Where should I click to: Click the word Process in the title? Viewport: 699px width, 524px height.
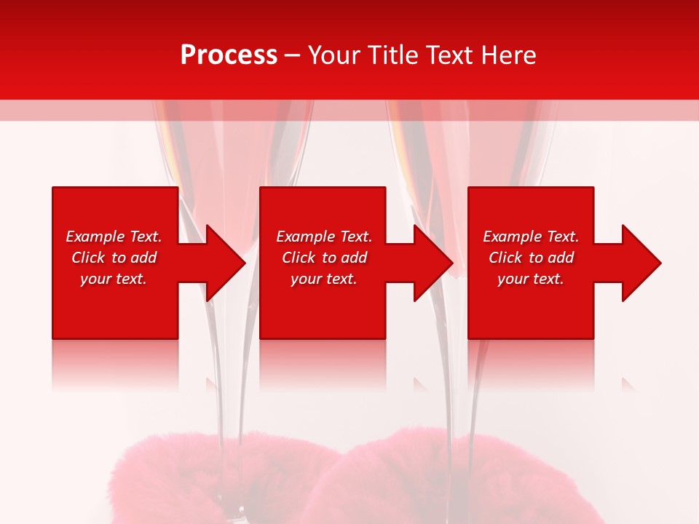pos(229,55)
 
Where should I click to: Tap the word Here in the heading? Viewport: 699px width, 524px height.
pos(509,55)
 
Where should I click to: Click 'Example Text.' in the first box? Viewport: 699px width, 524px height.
pos(114,237)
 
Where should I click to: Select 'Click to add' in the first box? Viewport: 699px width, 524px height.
pos(114,258)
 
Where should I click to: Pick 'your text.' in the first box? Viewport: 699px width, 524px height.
pos(114,279)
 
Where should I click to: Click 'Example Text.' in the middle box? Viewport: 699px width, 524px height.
pos(323,237)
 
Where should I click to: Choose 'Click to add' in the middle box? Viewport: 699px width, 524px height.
pos(323,258)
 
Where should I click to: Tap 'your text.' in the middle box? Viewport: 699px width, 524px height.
pos(323,279)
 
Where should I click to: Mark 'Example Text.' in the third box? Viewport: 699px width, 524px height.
pos(531,237)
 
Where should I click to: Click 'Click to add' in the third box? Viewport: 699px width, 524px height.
pos(531,258)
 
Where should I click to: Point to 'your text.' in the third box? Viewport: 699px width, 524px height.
pos(531,279)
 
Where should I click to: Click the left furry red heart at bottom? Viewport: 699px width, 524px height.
pos(218,480)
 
